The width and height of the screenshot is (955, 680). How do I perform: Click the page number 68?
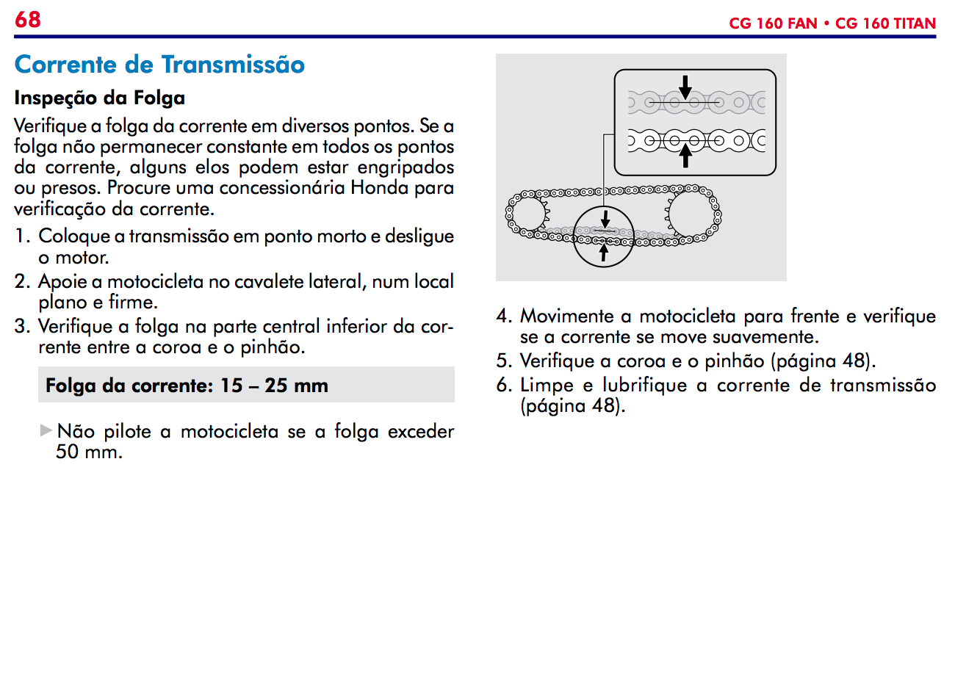point(28,20)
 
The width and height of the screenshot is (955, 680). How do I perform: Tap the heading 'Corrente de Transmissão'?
point(159,65)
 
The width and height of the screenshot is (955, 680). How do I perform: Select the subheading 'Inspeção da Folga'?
point(100,98)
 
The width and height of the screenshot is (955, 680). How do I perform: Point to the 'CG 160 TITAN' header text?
point(885,23)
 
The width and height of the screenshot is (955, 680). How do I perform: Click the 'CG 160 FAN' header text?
point(773,23)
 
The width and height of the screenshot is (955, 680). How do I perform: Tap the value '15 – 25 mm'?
point(274,386)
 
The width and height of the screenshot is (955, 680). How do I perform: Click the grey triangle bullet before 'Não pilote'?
point(46,430)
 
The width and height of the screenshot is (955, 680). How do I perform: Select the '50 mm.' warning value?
point(89,452)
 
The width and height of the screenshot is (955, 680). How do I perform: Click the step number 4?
point(503,317)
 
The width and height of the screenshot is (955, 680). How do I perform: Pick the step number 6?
point(503,386)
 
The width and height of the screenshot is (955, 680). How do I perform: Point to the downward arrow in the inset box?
point(685,88)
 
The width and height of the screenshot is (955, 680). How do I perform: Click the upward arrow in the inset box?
point(685,156)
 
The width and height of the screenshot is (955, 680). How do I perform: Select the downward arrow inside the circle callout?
point(605,220)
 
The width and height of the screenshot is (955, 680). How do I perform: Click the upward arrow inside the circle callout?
point(604,251)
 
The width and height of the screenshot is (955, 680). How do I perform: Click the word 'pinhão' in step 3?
point(273,347)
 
